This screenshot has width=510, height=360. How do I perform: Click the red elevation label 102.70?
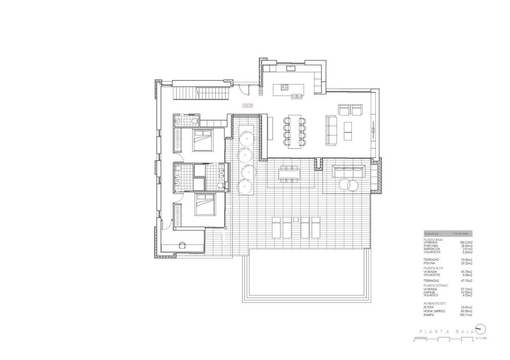point(248,106)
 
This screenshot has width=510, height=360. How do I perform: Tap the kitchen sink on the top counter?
point(291,69)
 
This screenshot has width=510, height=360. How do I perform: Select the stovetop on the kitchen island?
point(284,87)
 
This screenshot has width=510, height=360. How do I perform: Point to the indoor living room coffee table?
point(348,131)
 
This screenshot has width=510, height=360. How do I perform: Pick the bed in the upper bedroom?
point(203,140)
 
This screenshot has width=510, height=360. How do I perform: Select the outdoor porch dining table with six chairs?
point(289,173)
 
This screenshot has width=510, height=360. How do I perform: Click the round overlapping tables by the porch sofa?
point(349,184)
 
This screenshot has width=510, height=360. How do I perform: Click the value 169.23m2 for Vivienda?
point(466,243)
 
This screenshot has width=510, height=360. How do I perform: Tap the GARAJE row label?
point(430,293)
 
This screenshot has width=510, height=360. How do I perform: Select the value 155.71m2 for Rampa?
point(466,315)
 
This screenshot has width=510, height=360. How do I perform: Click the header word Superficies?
point(432,234)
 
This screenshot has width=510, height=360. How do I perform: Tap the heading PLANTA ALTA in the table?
point(433,268)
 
